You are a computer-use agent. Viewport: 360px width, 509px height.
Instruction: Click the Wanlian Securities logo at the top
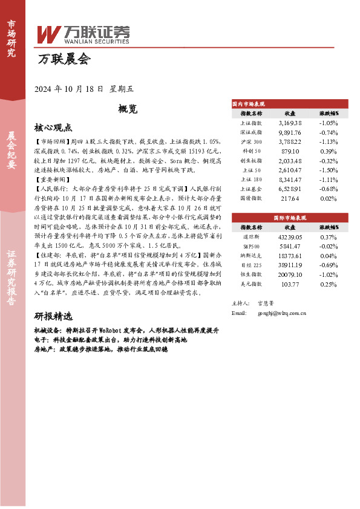pos(84,34)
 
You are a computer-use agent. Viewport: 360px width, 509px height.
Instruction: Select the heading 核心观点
pos(53,128)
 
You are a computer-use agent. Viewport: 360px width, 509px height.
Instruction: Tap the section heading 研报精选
pos(53,316)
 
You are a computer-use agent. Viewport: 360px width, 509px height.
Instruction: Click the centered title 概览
pos(128,109)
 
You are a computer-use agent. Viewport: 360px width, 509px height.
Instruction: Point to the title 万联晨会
pos(64,60)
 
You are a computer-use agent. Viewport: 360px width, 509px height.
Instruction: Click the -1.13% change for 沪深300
pos(329,141)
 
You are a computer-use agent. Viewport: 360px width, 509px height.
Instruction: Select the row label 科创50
pos(251,151)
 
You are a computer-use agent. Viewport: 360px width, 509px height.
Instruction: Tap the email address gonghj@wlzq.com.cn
pos(281,313)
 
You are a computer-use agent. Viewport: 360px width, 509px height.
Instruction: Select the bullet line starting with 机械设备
pos(126,331)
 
